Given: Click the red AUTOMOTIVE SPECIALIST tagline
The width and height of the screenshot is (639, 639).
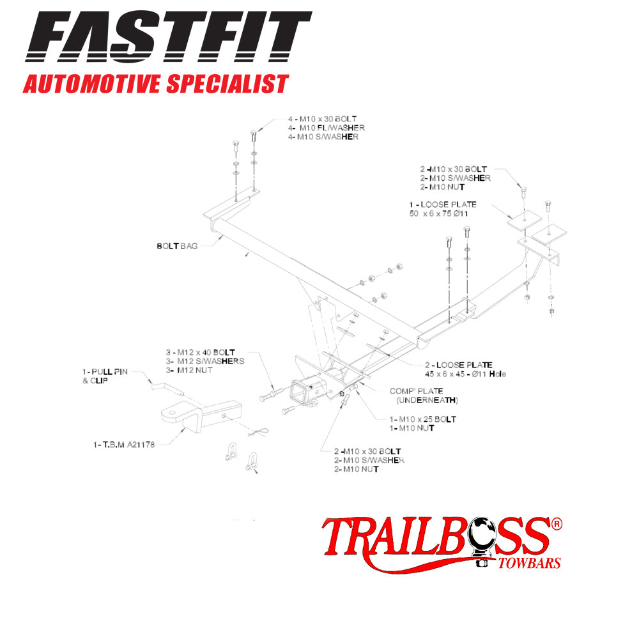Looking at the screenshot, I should (155, 84).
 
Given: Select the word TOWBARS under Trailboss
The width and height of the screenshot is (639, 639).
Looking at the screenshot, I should (528, 564).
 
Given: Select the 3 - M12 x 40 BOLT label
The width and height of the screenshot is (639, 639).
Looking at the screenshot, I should (199, 352).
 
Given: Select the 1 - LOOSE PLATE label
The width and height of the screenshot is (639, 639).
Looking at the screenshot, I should (443, 204).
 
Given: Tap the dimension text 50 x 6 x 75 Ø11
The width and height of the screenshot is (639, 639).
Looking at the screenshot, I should (439, 213).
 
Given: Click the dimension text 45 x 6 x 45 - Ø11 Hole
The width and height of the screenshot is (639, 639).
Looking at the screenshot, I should (465, 374).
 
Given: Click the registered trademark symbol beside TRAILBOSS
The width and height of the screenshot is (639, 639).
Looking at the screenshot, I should (556, 523).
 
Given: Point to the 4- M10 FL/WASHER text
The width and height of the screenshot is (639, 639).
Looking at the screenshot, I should (326, 128).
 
